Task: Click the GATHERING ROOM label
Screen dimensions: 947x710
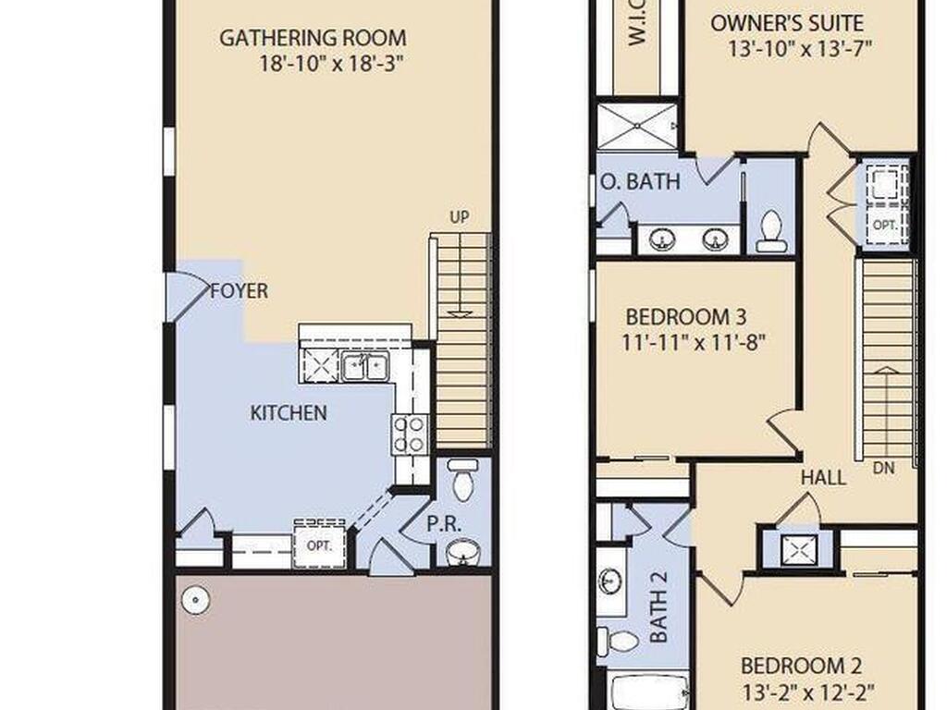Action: (313, 38)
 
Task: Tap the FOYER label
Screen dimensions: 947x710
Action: (239, 291)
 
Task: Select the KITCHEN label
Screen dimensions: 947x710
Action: (289, 413)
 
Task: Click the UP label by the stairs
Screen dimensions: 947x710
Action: (459, 216)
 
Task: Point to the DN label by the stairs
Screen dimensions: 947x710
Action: (883, 467)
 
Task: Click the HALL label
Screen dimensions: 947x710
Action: (823, 478)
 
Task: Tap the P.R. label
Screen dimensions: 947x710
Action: (444, 523)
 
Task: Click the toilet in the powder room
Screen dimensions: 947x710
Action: (463, 480)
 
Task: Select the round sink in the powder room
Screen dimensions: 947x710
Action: (462, 552)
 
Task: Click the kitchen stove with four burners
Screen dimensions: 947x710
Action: (410, 435)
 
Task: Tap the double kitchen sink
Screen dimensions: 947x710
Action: (364, 366)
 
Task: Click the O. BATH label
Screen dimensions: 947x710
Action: (640, 181)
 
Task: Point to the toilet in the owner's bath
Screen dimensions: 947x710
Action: (771, 231)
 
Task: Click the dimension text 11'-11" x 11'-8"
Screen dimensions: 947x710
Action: (694, 343)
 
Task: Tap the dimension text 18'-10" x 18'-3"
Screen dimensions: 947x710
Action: (331, 63)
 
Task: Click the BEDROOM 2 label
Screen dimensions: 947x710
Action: (801, 666)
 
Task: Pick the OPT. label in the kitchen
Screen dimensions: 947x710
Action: (319, 545)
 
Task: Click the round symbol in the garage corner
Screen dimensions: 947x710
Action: (196, 600)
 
